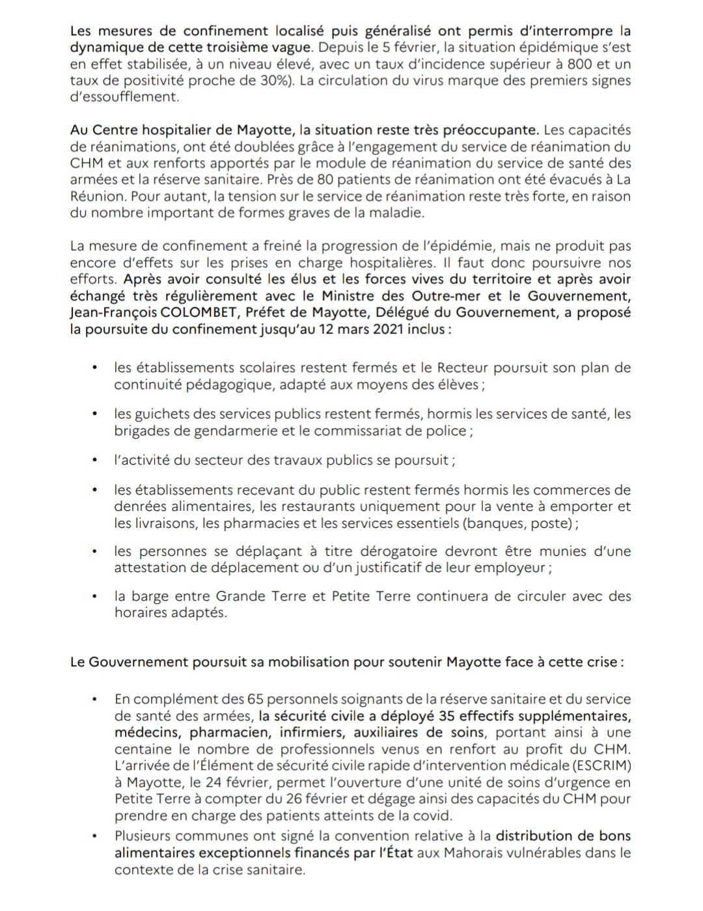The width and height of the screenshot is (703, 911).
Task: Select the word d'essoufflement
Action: (123, 97)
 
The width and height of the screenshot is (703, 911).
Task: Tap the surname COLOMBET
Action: (196, 312)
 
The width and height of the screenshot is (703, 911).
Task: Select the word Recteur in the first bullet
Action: (462, 368)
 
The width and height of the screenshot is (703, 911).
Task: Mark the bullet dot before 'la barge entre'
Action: (95, 596)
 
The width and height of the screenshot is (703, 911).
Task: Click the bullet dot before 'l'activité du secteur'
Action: (95, 460)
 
